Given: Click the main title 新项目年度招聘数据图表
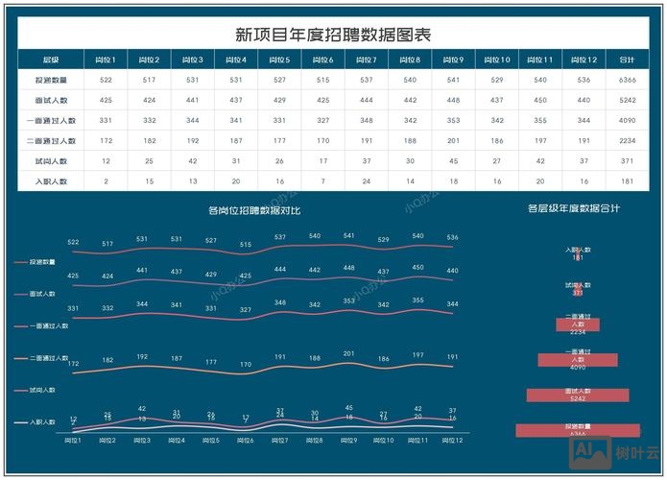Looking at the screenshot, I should [x=333, y=35].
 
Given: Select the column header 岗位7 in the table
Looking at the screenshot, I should [x=366, y=60].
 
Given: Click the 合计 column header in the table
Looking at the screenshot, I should [x=628, y=60].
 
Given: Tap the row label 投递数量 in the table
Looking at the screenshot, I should [x=51, y=80].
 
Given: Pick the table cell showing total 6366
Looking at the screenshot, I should [x=628, y=80].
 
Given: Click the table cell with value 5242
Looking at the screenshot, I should [x=628, y=100].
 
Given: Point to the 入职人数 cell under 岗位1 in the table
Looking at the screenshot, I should [x=106, y=180].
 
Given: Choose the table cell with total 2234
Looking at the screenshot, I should [x=628, y=140].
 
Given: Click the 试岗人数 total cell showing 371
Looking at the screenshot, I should [x=628, y=160].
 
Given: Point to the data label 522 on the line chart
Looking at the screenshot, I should [x=73, y=242].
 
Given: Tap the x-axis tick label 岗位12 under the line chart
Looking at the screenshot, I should [x=453, y=440].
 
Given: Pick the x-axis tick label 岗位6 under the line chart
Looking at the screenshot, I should [x=246, y=440].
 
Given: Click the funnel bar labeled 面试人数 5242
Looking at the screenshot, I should [x=577, y=395].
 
